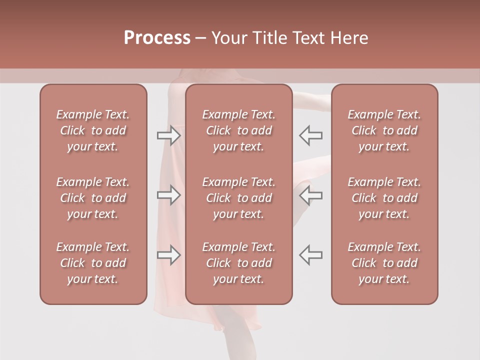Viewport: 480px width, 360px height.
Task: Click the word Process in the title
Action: (x=157, y=38)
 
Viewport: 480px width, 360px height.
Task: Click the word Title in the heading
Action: (x=267, y=38)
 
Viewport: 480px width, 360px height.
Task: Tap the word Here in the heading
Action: (x=349, y=38)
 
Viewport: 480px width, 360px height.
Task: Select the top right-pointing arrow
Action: (x=168, y=135)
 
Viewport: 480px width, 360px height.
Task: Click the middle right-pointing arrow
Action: (x=168, y=195)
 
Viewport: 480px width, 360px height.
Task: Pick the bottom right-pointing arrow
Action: (x=168, y=254)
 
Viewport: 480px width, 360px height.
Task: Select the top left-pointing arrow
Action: (x=310, y=135)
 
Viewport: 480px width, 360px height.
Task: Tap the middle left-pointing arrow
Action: (x=310, y=195)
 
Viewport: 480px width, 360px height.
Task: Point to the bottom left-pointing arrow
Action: (x=310, y=254)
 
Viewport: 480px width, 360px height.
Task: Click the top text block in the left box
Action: (x=93, y=130)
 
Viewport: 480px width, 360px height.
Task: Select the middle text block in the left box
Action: (x=93, y=198)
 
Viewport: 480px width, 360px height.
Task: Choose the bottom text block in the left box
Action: (x=93, y=263)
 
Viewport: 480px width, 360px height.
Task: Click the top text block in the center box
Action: (x=238, y=130)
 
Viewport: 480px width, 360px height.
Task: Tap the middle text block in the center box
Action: (x=238, y=198)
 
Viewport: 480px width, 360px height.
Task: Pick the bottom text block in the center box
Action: (x=238, y=263)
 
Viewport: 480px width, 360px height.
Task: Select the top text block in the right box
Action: (x=384, y=130)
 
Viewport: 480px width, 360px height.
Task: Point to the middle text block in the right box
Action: (x=384, y=198)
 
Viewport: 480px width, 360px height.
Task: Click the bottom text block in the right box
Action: (x=384, y=263)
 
